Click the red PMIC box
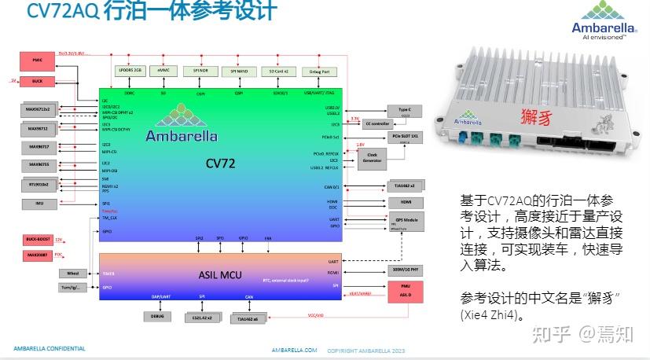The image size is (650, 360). tap(37, 60)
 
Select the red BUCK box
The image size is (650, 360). tap(37, 81)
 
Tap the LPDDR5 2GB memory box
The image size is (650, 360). tap(130, 71)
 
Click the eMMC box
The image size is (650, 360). tap(163, 71)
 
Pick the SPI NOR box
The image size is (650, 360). tap(200, 71)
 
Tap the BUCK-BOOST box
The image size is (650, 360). tap(37, 238)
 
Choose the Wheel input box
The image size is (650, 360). tap(73, 274)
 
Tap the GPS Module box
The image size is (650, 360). tap(407, 222)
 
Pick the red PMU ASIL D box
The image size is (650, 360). tap(406, 292)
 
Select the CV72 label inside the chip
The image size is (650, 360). tap(221, 164)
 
